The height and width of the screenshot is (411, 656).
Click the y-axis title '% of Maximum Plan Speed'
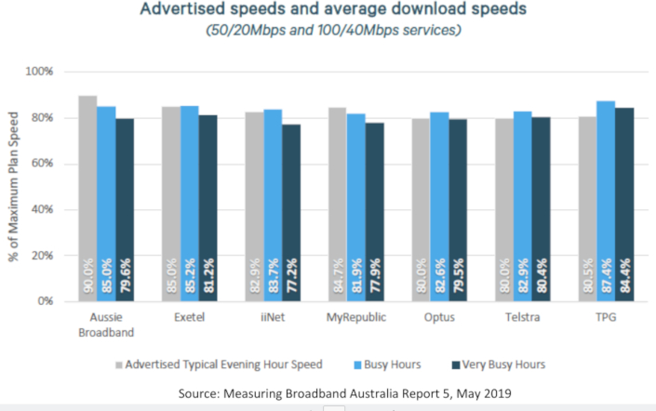(16, 186)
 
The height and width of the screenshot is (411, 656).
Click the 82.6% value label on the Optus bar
(440, 275)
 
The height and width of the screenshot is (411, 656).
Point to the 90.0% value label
(88, 275)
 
